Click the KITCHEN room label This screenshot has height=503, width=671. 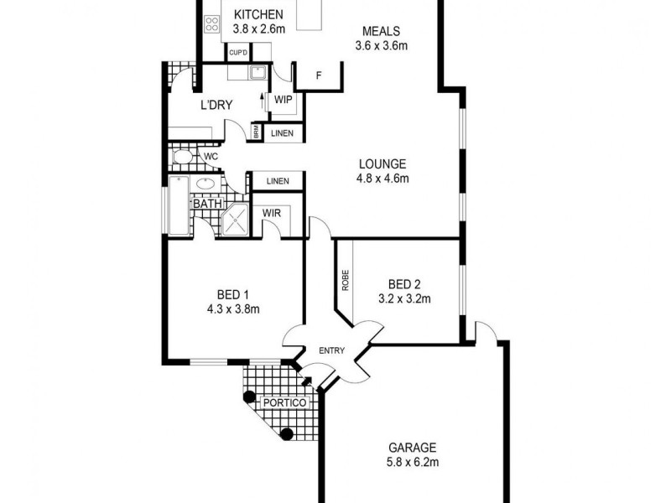[x=258, y=14]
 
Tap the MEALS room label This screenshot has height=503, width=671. [x=382, y=30]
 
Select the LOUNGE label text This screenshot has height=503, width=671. [x=382, y=164]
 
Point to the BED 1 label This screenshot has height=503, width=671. [x=233, y=294]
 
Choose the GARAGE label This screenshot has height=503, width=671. [x=412, y=448]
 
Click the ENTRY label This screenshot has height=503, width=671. [x=332, y=350]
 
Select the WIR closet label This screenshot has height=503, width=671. [x=271, y=214]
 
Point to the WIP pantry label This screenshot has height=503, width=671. [x=283, y=100]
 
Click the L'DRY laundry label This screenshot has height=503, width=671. [x=216, y=105]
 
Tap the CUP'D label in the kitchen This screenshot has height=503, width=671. [x=237, y=53]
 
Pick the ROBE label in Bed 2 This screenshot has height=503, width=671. [x=345, y=280]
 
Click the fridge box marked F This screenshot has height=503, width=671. [x=319, y=76]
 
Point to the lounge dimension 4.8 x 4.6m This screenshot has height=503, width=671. [x=382, y=178]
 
